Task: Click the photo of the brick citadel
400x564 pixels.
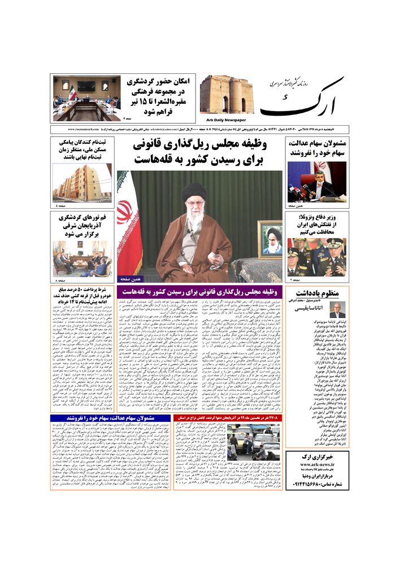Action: pyautogui.click(x=227, y=95)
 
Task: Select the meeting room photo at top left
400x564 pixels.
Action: pyautogui.click(x=86, y=99)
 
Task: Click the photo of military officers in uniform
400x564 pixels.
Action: pyautogui.click(x=316, y=257)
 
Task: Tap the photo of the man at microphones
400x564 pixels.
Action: pyautogui.click(x=316, y=182)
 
